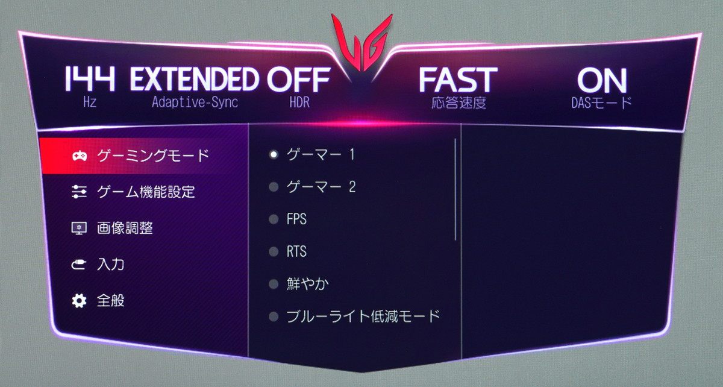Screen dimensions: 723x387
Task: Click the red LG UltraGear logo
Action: click(x=362, y=43)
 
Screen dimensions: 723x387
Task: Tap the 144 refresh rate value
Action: click(x=90, y=78)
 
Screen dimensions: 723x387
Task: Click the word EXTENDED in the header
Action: click(x=194, y=79)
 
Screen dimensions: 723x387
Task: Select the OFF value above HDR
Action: click(x=299, y=79)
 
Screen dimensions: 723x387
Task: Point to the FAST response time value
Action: click(x=458, y=80)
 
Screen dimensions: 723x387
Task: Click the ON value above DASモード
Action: click(x=602, y=81)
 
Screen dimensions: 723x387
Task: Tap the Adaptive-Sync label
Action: click(x=195, y=102)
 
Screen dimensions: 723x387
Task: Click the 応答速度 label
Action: click(x=459, y=102)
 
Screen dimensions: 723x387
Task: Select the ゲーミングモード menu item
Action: click(x=153, y=156)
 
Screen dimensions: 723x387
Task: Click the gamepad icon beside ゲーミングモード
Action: click(x=80, y=156)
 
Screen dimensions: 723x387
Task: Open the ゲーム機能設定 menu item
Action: click(x=146, y=192)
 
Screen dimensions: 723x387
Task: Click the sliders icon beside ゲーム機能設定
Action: click(x=79, y=192)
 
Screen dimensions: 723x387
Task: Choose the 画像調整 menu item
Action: click(x=125, y=228)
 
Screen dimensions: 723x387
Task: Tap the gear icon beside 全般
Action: click(x=79, y=301)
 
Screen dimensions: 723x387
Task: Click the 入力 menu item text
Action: click(x=111, y=265)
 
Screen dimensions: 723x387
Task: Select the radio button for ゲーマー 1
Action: click(x=274, y=154)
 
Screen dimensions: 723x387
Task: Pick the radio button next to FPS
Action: click(x=274, y=219)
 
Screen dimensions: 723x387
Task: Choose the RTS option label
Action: click(x=296, y=251)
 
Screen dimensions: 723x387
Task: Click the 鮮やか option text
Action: click(x=308, y=284)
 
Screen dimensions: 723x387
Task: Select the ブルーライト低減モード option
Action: click(x=363, y=316)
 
